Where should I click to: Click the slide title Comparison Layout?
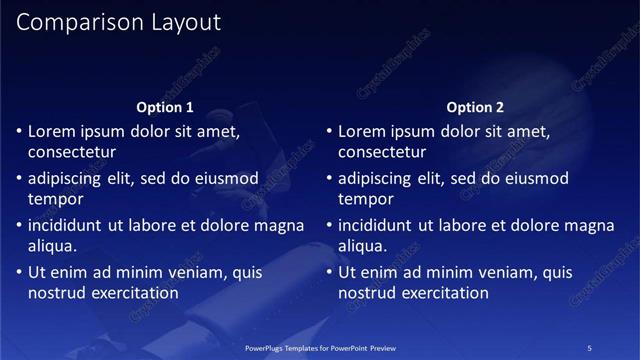click(119, 22)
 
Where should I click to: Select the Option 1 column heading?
click(165, 107)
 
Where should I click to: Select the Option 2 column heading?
click(475, 107)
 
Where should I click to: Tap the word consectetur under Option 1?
click(72, 153)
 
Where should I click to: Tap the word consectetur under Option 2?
click(382, 153)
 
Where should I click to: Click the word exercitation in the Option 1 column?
click(135, 294)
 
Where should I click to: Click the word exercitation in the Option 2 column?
click(445, 294)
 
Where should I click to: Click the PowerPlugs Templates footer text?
click(321, 347)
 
